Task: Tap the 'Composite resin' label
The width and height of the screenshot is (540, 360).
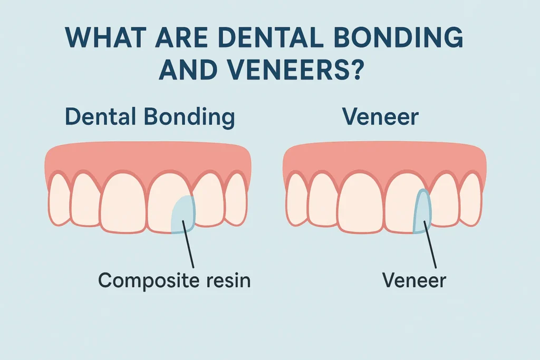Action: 175,280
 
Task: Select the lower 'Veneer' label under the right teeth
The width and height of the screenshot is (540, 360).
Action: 414,280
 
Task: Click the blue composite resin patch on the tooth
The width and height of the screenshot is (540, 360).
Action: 184,213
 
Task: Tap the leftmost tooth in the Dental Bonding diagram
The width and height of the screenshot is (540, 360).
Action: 59,200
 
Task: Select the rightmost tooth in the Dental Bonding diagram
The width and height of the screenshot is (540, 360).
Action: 236,200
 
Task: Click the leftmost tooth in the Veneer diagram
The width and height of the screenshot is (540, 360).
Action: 297,200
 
